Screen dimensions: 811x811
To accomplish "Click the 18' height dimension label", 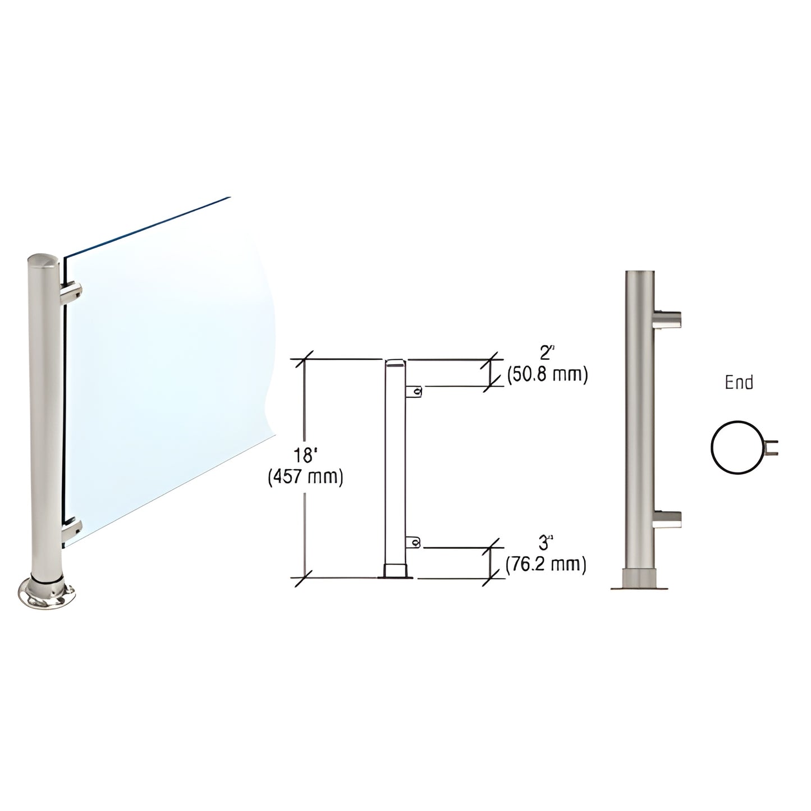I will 305,454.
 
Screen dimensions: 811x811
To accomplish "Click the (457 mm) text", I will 305,476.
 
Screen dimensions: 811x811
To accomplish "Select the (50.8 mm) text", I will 547,375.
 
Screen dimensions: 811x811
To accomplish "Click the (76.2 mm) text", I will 546,564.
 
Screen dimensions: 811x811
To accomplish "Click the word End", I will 739,383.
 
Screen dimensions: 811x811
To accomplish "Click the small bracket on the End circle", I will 772,447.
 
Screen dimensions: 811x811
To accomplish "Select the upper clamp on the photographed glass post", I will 72,292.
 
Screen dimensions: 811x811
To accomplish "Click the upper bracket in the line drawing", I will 414,391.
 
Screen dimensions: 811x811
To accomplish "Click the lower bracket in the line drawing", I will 414,542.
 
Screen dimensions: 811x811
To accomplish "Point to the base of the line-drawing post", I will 396,571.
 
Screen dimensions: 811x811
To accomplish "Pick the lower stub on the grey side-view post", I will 668,519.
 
